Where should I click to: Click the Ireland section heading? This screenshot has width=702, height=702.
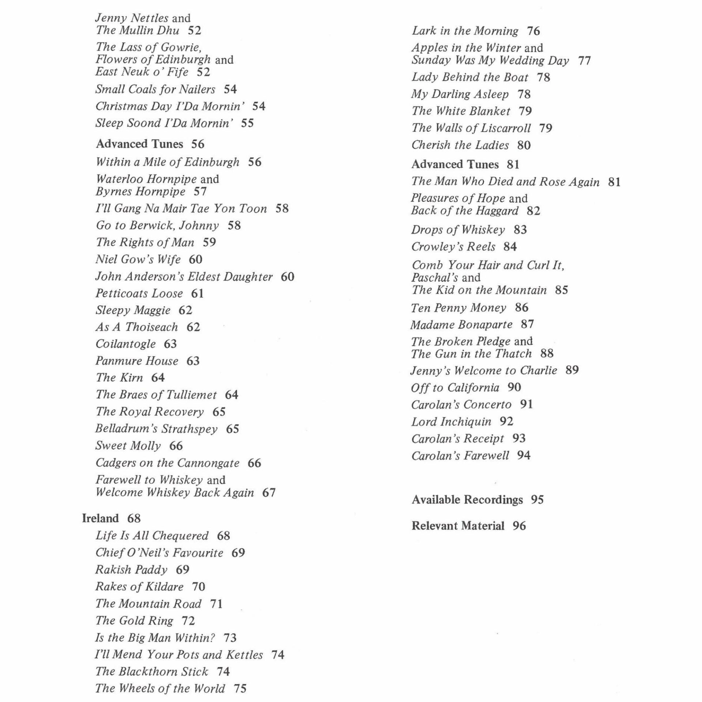coord(100,518)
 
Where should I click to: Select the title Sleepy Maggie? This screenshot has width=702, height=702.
coord(133,310)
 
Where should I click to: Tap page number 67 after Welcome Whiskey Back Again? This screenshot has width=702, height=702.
coord(269,492)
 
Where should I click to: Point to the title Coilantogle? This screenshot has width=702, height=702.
coord(125,344)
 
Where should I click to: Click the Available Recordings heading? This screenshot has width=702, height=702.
coord(467,499)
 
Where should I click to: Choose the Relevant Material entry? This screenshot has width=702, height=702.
coord(458,526)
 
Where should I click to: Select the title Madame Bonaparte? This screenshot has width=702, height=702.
coord(461,325)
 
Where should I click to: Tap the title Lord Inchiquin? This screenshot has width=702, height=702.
coord(451,422)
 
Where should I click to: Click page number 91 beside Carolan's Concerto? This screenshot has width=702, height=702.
coord(526,404)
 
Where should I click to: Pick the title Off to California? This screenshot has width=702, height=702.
coord(455,388)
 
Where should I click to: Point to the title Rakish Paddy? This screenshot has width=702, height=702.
coord(131,570)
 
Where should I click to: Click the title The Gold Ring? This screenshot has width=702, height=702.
coord(134,620)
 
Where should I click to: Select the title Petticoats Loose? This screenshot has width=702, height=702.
coord(139,294)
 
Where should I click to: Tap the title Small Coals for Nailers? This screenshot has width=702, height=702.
coord(155,89)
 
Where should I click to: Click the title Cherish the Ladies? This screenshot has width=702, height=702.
coord(460,145)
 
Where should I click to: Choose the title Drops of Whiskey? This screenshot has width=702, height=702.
coord(458,230)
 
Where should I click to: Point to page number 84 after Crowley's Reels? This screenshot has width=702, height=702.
coord(510,246)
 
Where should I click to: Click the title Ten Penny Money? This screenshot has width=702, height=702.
coord(458,308)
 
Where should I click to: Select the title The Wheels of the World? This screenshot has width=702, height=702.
coord(160,688)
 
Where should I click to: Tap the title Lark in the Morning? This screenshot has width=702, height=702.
coord(465,31)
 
